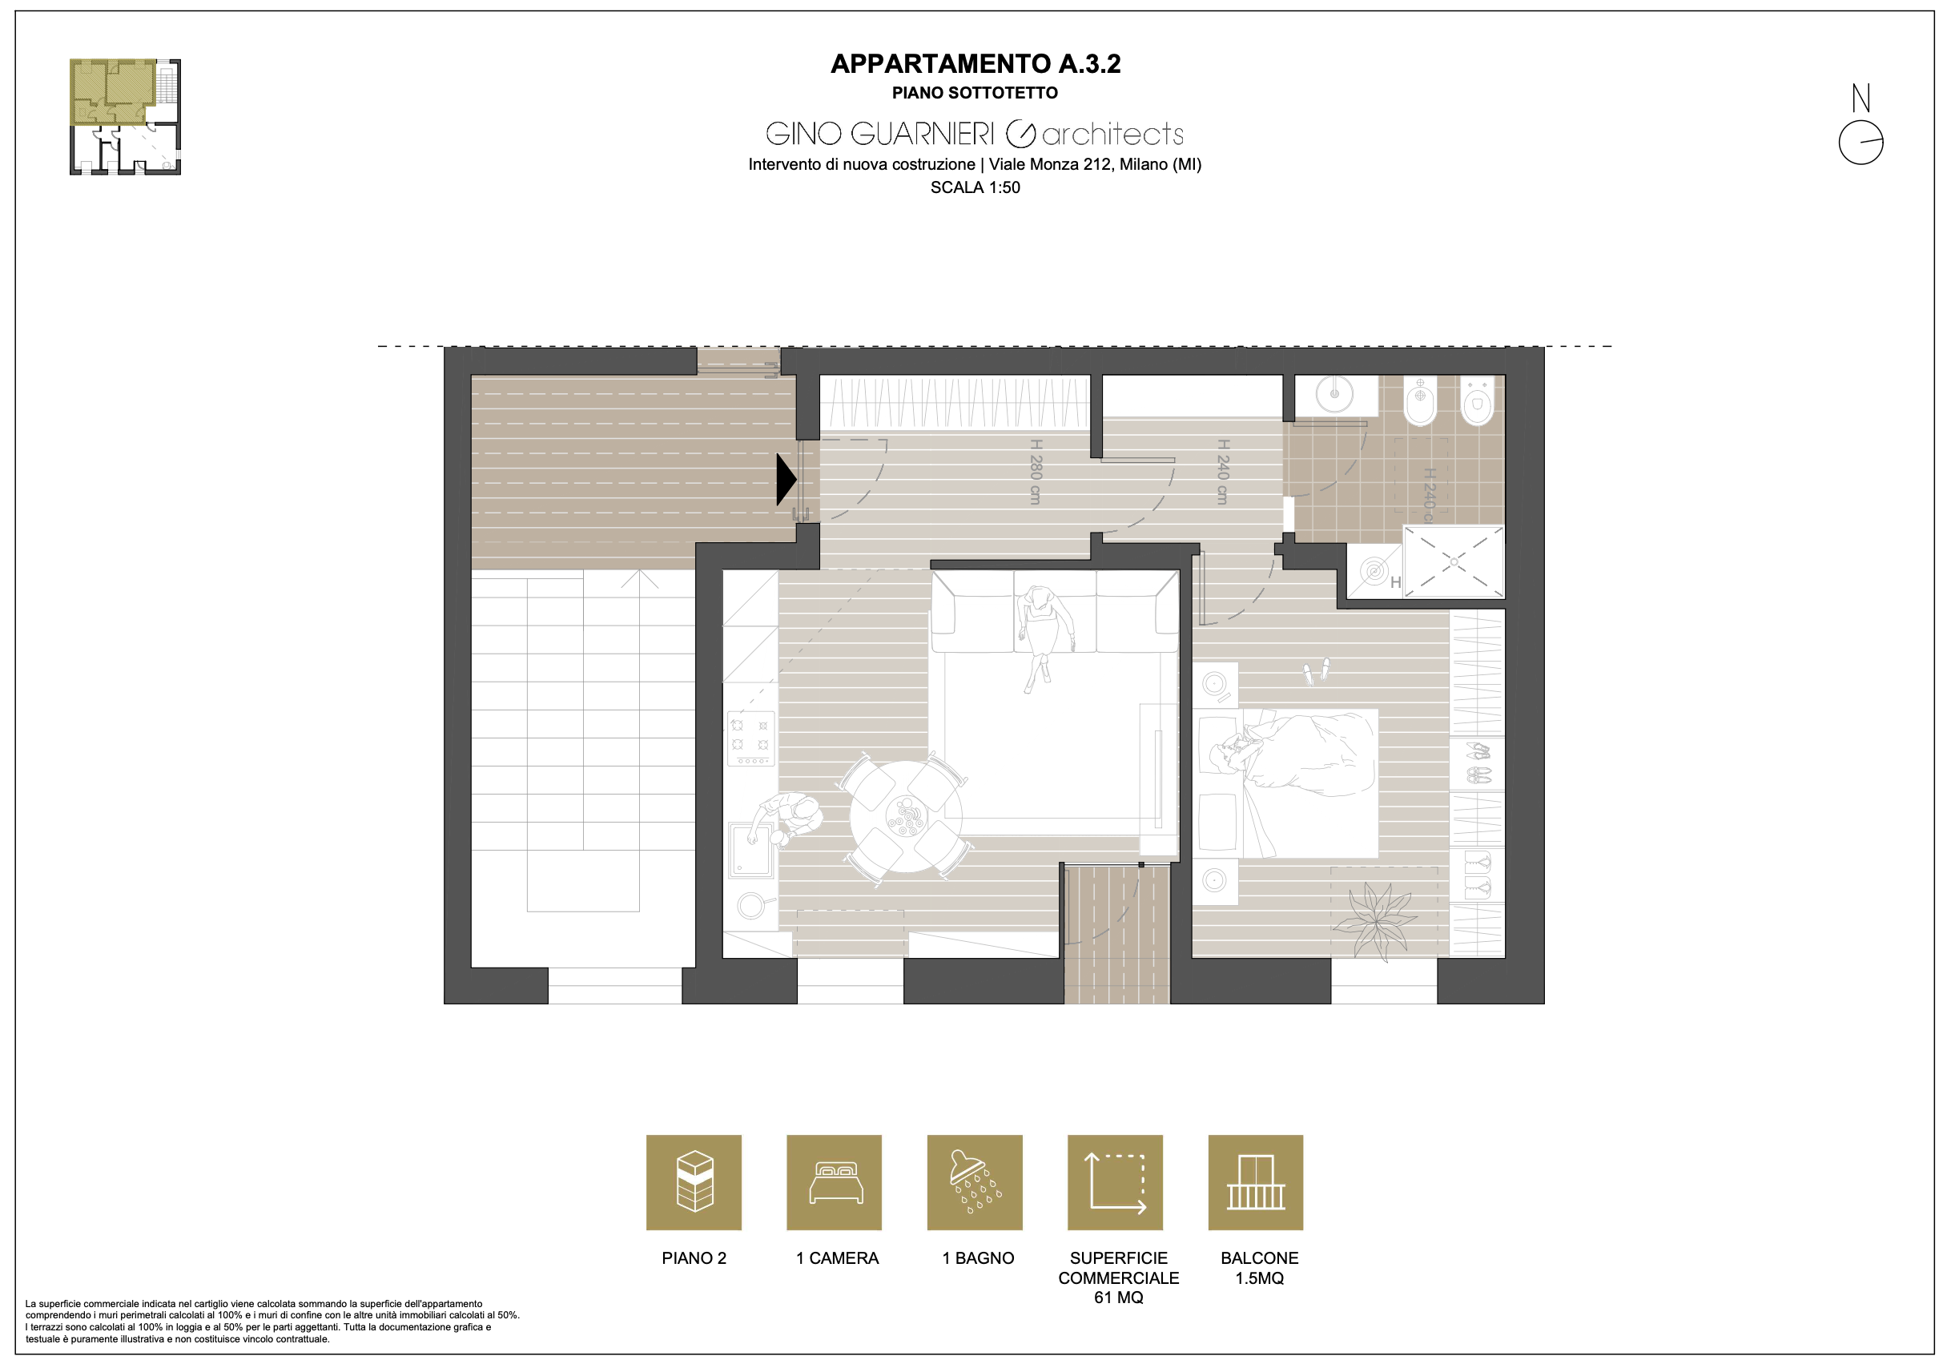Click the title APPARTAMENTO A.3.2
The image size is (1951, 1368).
tap(976, 64)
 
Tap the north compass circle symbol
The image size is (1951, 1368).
tap(1861, 142)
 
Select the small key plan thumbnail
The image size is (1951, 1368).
tap(125, 117)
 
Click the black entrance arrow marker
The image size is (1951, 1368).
tap(786, 479)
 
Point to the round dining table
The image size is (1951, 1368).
tap(906, 815)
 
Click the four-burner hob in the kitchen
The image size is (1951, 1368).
tap(750, 738)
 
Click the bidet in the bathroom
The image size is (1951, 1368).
tap(1420, 401)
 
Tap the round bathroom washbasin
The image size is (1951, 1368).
tap(1335, 394)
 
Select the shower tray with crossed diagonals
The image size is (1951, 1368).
tap(1453, 561)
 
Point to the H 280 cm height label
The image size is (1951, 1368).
tap(1035, 472)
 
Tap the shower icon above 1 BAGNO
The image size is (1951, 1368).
tap(975, 1182)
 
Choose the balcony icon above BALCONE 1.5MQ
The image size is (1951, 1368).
tap(1256, 1182)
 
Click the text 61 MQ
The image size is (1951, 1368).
tap(1118, 1298)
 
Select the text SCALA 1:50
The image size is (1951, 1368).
tap(976, 187)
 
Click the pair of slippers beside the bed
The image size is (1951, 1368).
tap(1316, 671)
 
